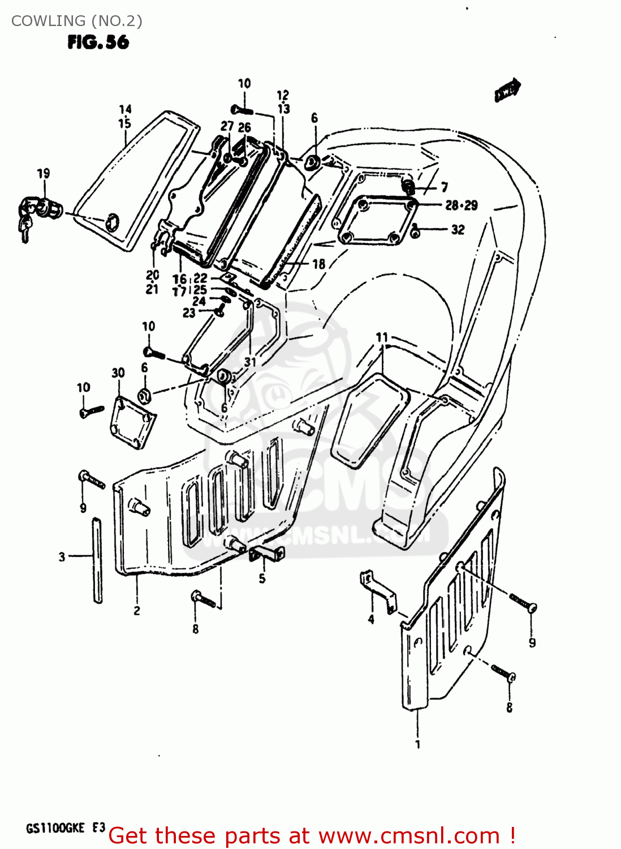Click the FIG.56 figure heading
pos(98,42)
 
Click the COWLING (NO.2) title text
pos(77,21)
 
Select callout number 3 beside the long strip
pos(62,557)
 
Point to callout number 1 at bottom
pos(418,744)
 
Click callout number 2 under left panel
pos(137,610)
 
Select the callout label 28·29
pos(461,205)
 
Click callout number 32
pos(458,230)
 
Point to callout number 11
pos(382,338)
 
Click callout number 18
pos(319,264)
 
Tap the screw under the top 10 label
pos(242,109)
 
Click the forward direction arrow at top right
pos(507,89)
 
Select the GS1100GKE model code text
pos(55,828)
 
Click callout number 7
pos(445,187)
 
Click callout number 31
pos(250,362)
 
